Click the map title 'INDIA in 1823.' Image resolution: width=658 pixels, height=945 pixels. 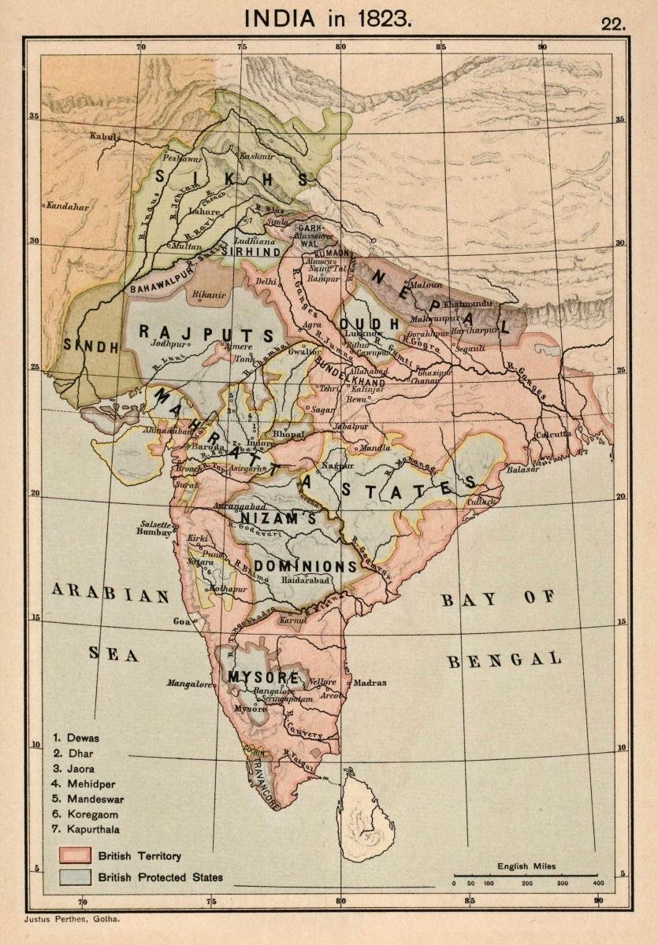click(328, 19)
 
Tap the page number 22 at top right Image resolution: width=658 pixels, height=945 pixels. click(613, 23)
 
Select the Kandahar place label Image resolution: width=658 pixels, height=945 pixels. click(67, 206)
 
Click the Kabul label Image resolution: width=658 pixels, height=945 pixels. click(104, 136)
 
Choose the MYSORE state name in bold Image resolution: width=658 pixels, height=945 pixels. click(262, 677)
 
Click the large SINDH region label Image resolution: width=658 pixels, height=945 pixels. click(91, 346)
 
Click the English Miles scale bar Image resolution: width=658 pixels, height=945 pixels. click(526, 875)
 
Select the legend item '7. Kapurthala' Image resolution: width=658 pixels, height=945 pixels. click(86, 828)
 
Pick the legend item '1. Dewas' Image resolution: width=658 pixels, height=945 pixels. click(76, 738)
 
